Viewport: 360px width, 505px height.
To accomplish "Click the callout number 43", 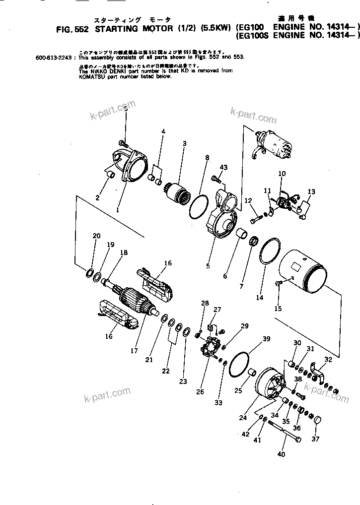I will click(x=224, y=168).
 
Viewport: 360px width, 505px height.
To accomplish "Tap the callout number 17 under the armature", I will click(x=134, y=351).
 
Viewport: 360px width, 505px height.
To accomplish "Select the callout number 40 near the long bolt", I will click(x=282, y=454).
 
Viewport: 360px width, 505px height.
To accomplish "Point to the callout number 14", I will click(x=259, y=298).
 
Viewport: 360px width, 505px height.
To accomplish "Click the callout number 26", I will click(x=200, y=392).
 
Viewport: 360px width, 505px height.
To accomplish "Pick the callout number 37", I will click(x=316, y=439).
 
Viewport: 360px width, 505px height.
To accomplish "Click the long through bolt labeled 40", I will click(x=284, y=431).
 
